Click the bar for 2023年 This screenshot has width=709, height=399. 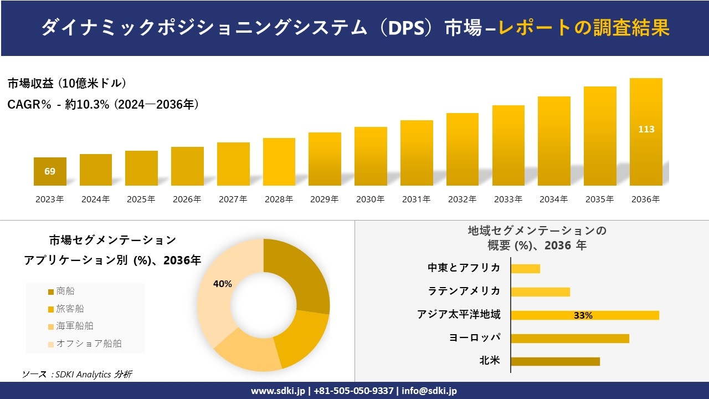[50, 172]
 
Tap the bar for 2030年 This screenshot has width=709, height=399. [371, 156]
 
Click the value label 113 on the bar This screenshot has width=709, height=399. [646, 129]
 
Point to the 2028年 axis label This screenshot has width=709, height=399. [279, 199]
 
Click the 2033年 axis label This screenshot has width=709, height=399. [508, 199]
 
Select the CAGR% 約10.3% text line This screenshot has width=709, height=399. [103, 104]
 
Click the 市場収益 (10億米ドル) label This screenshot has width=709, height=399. [67, 84]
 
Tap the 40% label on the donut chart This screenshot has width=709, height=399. [223, 284]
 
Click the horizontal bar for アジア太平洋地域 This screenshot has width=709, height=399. [584, 315]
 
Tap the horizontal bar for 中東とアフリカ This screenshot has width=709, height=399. [525, 269]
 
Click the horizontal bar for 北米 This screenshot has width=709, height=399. [555, 361]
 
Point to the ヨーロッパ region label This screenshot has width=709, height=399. [474, 337]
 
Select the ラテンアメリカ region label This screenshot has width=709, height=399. [464, 291]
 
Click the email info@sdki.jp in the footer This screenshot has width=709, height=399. [429, 391]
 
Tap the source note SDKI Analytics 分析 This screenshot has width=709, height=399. [77, 375]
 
